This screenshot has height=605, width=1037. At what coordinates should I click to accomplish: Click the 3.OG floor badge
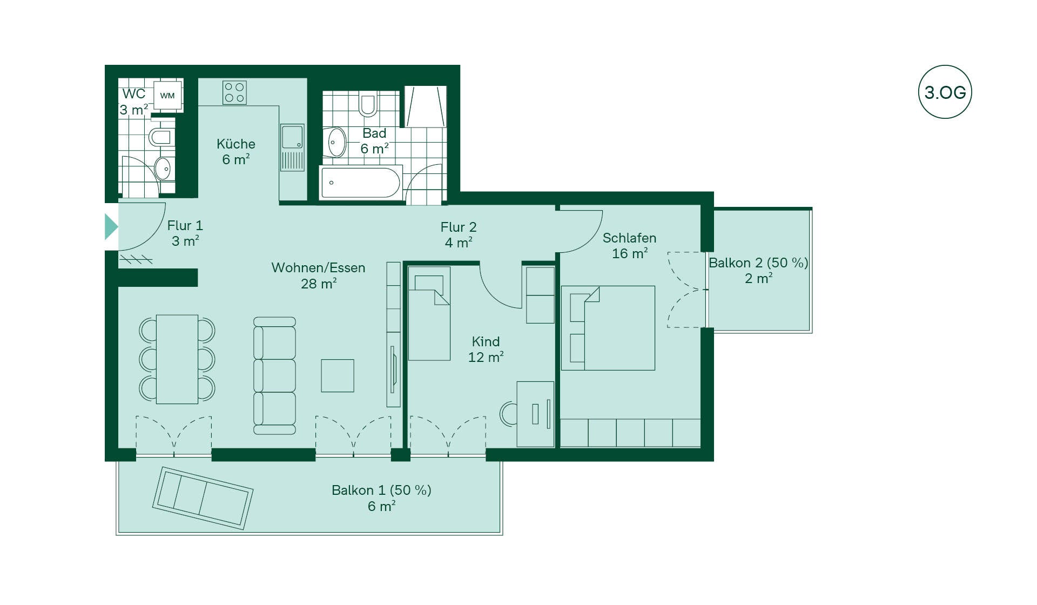click(945, 92)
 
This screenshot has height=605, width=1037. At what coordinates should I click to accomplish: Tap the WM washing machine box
click(167, 96)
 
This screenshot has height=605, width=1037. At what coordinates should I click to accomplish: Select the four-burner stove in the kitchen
click(234, 92)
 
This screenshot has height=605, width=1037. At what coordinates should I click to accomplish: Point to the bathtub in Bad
click(360, 183)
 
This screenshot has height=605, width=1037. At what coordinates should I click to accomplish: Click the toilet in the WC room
click(160, 137)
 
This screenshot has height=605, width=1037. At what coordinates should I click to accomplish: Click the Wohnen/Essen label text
click(318, 268)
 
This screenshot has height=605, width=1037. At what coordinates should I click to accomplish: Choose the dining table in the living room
click(177, 359)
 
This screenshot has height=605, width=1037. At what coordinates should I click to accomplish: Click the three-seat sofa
click(274, 376)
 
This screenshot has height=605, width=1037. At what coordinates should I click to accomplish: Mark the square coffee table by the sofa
click(338, 375)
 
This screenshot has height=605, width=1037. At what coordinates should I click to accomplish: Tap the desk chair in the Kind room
click(508, 414)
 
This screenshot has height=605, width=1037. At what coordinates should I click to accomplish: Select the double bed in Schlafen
click(608, 328)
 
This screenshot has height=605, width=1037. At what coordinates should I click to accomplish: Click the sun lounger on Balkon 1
click(203, 498)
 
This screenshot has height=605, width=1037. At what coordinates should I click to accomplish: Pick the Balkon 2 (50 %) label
click(758, 263)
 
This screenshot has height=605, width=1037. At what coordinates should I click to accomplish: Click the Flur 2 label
click(459, 227)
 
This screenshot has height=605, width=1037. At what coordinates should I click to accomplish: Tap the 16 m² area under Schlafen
click(630, 253)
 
